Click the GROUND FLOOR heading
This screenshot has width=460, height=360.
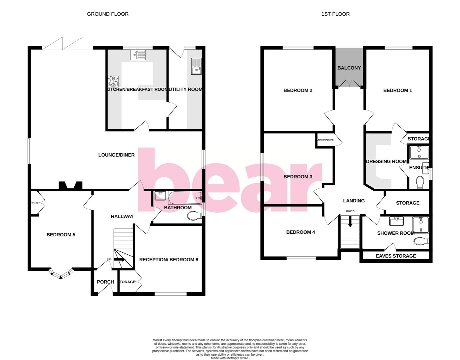pos(108,14)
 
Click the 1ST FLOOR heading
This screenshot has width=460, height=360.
pos(335,14)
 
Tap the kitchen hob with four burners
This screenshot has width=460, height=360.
pos(113,81)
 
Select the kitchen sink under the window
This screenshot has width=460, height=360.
pos(138,55)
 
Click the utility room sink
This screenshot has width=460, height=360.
pos(197,66)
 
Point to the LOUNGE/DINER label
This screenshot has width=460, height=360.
pos(116,155)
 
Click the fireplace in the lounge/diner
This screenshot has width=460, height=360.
pos(70,185)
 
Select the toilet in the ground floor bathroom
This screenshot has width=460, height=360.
pos(194,216)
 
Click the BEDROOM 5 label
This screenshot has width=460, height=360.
pos(61,235)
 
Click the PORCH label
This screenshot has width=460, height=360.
pos(105,282)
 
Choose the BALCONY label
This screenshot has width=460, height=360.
pos(349,68)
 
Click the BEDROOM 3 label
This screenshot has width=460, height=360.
pos(298,177)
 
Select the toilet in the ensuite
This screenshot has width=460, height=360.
pos(420,182)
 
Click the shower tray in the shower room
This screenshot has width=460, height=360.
pos(421,225)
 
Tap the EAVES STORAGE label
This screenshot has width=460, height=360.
pos(396,256)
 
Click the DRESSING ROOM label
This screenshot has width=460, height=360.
pos(386,161)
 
